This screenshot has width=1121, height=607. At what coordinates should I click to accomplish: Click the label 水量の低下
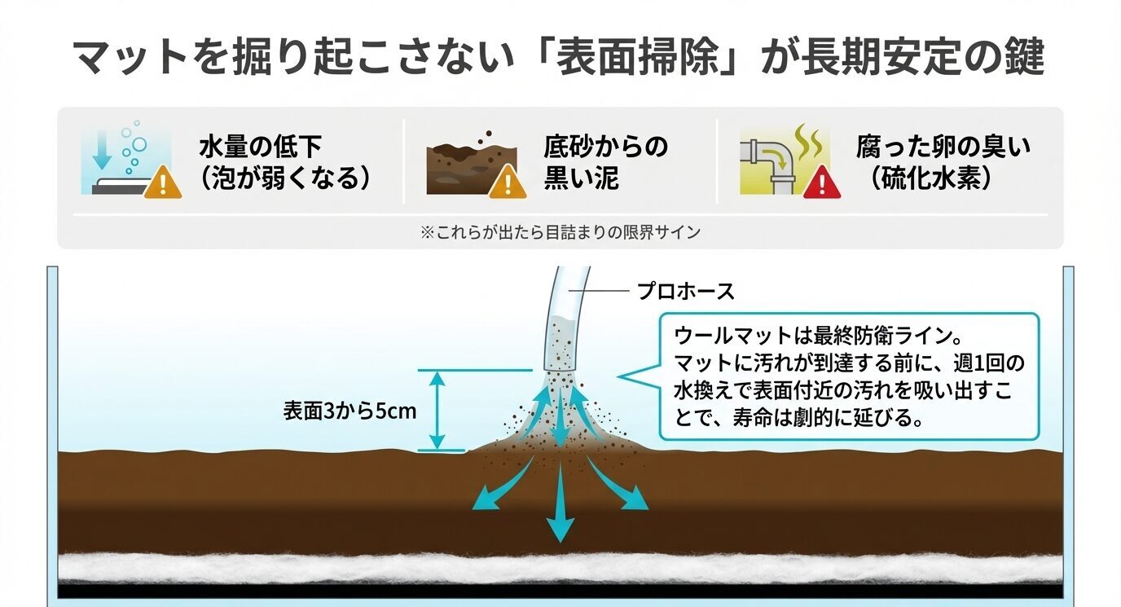point(261,147)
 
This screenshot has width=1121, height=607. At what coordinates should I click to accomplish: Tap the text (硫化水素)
point(930,178)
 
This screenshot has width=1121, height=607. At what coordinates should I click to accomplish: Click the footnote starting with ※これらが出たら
point(560,232)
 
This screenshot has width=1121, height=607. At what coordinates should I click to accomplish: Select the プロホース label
point(685,291)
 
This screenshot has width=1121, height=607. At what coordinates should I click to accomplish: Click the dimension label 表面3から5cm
point(349,411)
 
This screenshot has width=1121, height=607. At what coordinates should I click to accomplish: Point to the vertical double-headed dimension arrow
point(438,410)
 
